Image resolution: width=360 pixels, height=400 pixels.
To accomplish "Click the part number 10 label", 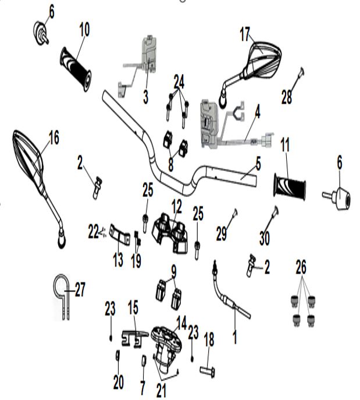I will tap(85, 29).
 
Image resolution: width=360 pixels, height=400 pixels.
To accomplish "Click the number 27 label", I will tap(80, 289).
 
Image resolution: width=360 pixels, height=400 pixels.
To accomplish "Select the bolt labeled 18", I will tap(209, 369).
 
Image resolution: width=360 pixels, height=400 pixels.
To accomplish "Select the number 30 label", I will tap(264, 238).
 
